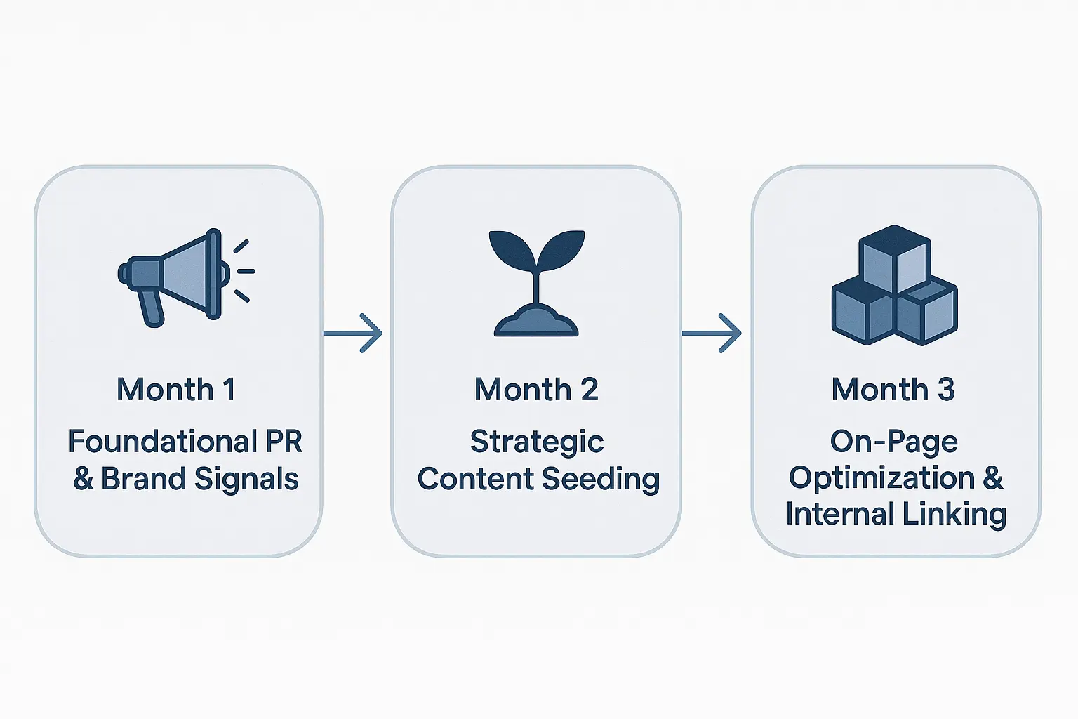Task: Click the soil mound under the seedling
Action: point(537,322)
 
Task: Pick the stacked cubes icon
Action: point(895,285)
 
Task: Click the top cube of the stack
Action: point(895,258)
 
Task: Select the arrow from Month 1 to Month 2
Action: point(354,333)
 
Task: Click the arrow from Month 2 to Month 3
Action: point(712,333)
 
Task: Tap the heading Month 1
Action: point(176,390)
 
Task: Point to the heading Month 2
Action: point(537,390)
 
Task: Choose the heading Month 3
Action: point(893,390)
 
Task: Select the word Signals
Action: point(246,479)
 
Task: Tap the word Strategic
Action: point(537,442)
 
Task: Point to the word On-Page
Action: point(894,442)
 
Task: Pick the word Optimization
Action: point(881,478)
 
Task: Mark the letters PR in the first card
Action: point(284,442)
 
